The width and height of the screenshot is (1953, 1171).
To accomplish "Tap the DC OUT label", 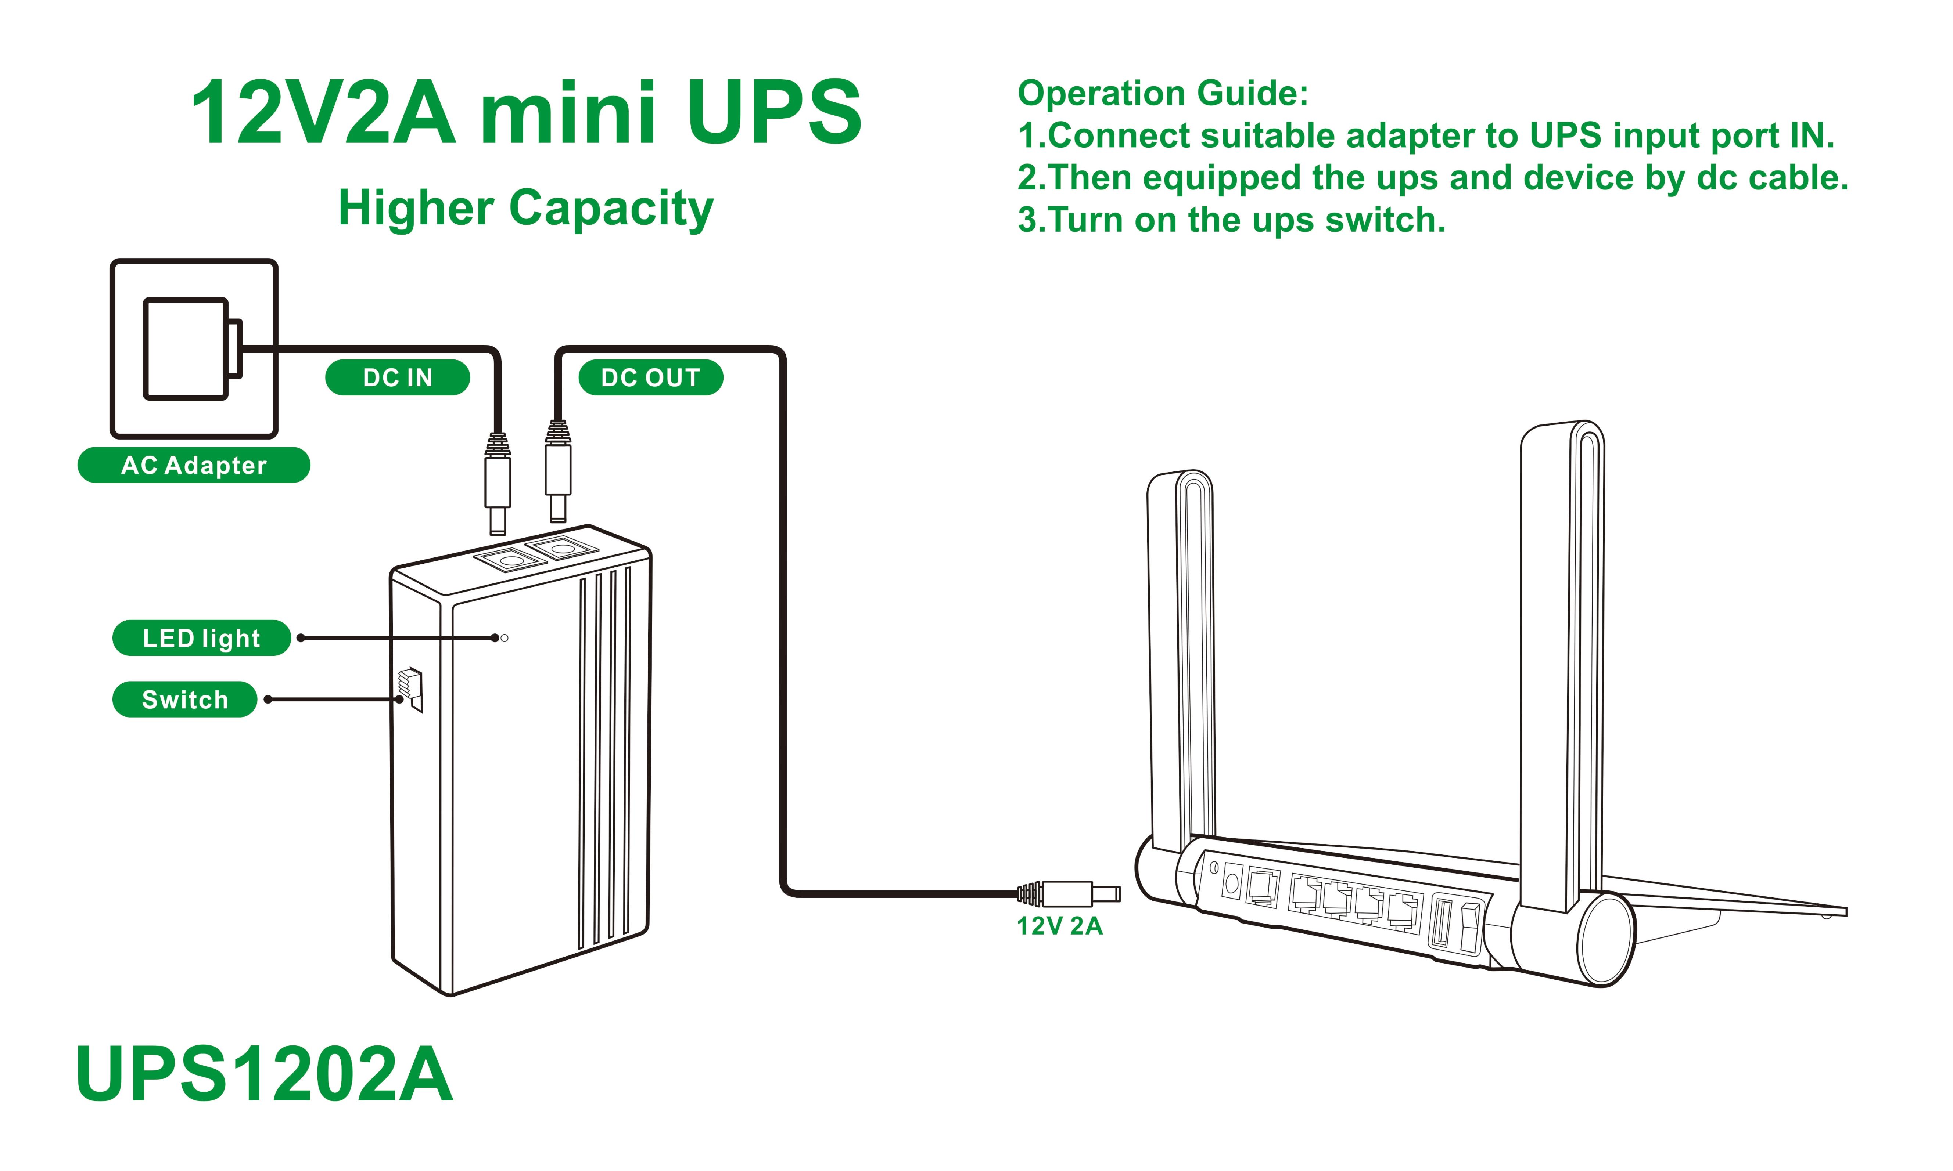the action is click(x=650, y=377).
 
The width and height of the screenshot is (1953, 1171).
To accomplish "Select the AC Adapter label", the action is click(x=193, y=465).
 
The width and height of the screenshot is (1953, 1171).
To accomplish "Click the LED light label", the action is click(x=201, y=637).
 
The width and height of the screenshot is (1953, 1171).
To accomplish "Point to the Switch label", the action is click(x=185, y=699).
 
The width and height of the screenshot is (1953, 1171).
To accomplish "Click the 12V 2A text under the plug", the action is click(x=1059, y=926).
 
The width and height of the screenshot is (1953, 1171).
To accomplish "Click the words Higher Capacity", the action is click(x=526, y=208).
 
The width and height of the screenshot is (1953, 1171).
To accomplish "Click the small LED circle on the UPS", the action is click(x=505, y=637).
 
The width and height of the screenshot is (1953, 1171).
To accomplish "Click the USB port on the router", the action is click(x=1441, y=922).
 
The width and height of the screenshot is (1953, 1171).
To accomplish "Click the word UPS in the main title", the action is click(x=775, y=113).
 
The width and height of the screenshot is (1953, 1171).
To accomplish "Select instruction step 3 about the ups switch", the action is click(x=1231, y=220).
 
